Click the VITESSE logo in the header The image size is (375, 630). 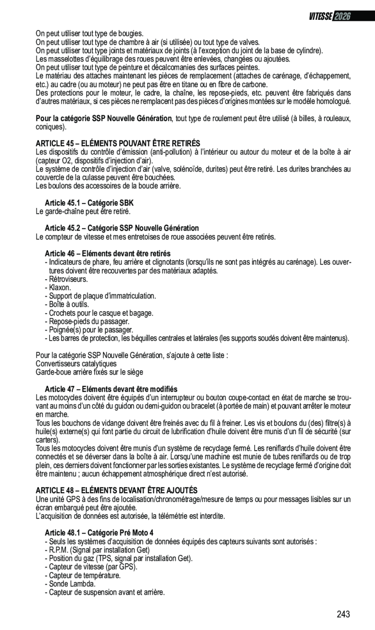pos(320,16)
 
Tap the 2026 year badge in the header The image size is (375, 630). pos(342,16)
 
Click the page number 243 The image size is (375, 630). pos(343,614)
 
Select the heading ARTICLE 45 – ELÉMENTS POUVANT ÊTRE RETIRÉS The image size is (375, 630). pos(118,143)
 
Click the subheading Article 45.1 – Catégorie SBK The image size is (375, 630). pos(89,203)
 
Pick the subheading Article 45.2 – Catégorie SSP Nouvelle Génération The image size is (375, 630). pos(121,228)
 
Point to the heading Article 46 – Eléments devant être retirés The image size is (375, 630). pos(107,254)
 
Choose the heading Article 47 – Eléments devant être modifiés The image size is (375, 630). pos(111,389)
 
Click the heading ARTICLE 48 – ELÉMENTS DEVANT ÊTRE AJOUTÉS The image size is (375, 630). pos(116,491)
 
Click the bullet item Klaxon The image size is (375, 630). pos(60,287)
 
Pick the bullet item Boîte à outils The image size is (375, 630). pos(68,304)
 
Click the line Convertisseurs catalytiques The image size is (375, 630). pos(76,363)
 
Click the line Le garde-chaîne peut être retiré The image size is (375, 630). pos(83,211)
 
